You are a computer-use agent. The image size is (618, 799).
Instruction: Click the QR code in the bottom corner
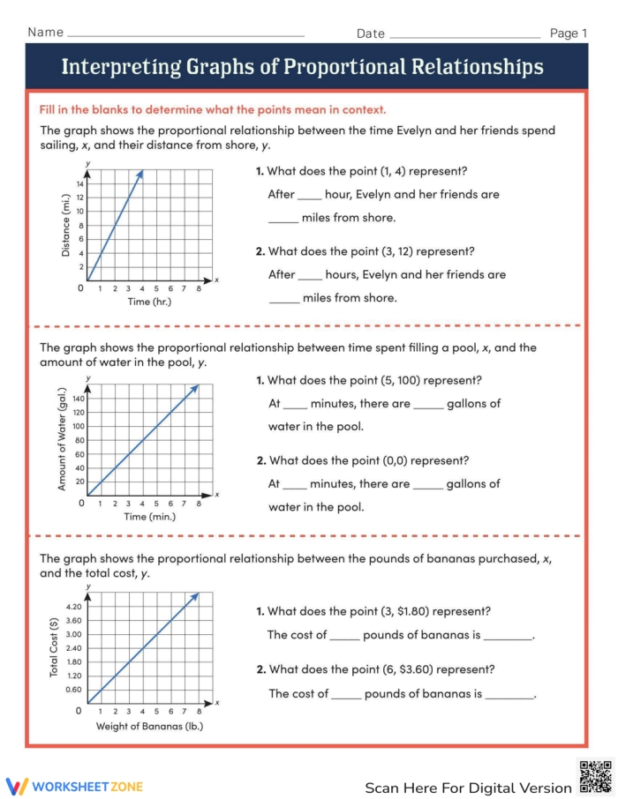point(595,776)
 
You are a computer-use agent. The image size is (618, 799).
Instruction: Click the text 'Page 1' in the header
point(569,34)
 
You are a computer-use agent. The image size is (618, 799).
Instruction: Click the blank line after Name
point(186,35)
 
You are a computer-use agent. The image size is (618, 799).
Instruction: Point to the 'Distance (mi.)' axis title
point(65,227)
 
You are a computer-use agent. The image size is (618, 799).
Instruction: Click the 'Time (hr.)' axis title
point(149,302)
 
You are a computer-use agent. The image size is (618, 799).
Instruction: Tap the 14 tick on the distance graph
point(79,183)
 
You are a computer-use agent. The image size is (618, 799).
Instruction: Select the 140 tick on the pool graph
point(78,399)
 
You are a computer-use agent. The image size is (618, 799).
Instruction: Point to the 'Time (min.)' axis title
point(149,517)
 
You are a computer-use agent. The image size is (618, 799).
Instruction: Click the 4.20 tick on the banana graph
point(74,607)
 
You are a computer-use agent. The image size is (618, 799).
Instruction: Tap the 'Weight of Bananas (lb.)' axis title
point(149,727)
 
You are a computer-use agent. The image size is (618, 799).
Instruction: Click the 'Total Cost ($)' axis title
point(55,647)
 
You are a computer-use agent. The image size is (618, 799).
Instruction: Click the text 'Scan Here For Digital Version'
point(468,788)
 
